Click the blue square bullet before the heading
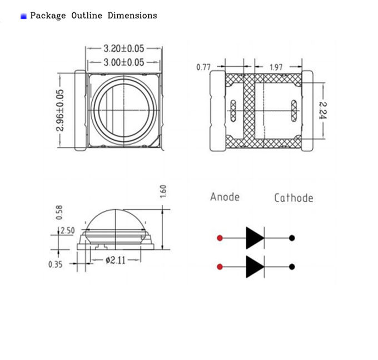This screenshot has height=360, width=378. (23, 16)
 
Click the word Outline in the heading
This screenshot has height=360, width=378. (86, 16)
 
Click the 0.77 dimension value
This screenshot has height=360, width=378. (204, 67)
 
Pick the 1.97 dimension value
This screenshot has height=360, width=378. (276, 67)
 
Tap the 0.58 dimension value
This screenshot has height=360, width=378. (60, 213)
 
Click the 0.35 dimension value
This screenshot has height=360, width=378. (55, 264)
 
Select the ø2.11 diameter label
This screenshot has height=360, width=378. (115, 260)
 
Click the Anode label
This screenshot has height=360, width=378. (225, 197)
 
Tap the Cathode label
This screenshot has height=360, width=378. (293, 198)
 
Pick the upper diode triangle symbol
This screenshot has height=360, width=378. (255, 238)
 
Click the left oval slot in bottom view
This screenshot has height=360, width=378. (233, 109)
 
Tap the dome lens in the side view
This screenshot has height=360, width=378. (115, 221)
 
